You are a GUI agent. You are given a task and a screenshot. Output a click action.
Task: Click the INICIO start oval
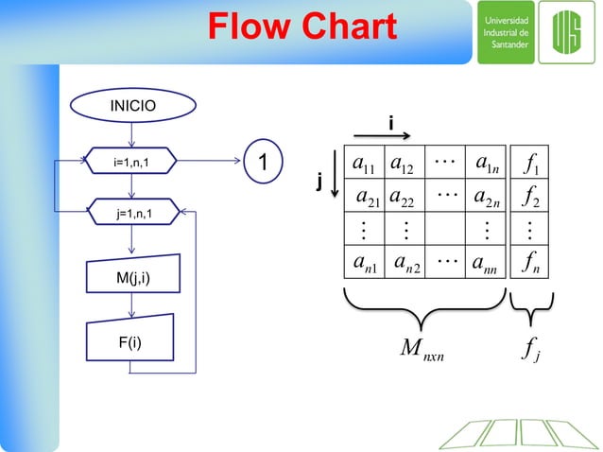click(x=129, y=106)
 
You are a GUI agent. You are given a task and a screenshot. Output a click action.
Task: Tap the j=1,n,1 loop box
click(x=133, y=215)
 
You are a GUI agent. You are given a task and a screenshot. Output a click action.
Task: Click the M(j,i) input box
click(x=132, y=277)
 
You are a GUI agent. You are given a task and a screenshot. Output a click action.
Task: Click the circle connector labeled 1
click(x=265, y=163)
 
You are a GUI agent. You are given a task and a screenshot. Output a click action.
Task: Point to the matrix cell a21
click(x=367, y=198)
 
